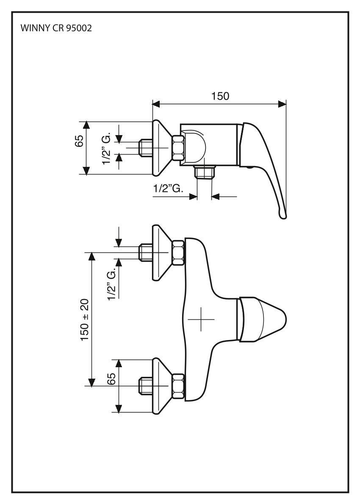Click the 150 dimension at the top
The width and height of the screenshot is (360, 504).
tap(220, 96)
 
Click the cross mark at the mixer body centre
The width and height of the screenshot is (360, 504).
tap(202, 318)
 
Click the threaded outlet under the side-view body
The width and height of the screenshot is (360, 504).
tap(205, 172)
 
